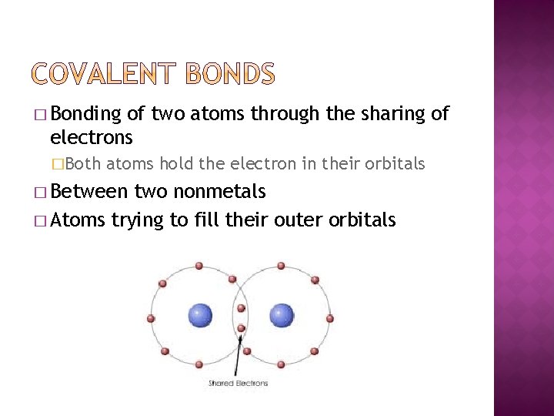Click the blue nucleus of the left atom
200,314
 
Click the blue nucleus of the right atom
282,314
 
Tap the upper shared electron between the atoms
241,309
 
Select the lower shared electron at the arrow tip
241,329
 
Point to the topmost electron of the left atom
199,266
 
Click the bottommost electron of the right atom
282,363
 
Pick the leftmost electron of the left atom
151,317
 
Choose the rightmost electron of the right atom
330,317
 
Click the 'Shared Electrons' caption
239,383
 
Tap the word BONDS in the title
230,75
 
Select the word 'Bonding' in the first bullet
86,114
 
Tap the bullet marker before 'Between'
40,192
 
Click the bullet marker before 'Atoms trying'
40,221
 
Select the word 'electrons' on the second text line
91,138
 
